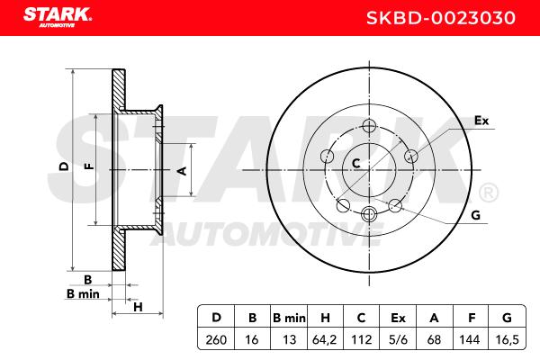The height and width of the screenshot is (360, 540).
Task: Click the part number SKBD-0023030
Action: coord(441,18)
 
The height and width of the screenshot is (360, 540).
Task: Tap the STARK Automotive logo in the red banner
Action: coord(58,17)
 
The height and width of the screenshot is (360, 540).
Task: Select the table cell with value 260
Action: coord(216,339)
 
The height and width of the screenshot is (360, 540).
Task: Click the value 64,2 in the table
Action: coord(324,339)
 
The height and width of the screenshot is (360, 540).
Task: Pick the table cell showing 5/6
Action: coord(398,339)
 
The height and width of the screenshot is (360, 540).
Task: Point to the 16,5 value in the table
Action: coord(507,339)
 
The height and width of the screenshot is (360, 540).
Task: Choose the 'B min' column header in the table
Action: coord(289,318)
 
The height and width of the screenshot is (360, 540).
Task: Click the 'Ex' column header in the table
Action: coord(398,318)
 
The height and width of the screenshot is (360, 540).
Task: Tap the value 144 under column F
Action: coord(470,339)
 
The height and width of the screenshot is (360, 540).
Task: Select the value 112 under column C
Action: coord(361,339)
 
